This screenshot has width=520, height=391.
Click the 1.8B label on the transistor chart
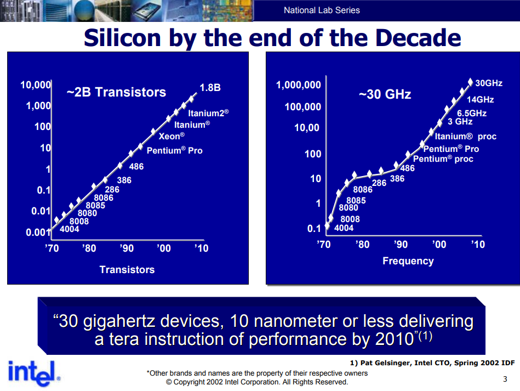pyautogui.click(x=210, y=88)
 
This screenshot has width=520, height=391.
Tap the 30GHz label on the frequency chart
pyautogui.click(x=488, y=83)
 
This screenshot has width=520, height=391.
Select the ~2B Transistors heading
pyautogui.click(x=116, y=92)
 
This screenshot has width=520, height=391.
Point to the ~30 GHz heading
pyautogui.click(x=385, y=94)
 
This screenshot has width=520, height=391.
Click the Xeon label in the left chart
pyautogui.click(x=172, y=136)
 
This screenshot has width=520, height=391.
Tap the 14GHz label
pyautogui.click(x=480, y=100)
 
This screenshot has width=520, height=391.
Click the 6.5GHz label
pyautogui.click(x=471, y=114)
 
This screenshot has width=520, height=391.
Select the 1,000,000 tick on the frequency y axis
pyautogui.click(x=299, y=85)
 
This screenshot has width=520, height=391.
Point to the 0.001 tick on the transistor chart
pyautogui.click(x=38, y=233)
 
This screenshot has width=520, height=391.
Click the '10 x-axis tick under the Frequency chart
pyautogui.click(x=478, y=245)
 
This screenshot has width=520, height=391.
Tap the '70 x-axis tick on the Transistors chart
pyautogui.click(x=52, y=248)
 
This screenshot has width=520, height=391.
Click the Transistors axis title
pyautogui.click(x=127, y=269)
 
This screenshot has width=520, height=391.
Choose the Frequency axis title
pyautogui.click(x=408, y=261)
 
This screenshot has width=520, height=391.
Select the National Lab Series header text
pyautogui.click(x=322, y=10)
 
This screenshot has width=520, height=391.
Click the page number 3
pyautogui.click(x=505, y=379)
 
